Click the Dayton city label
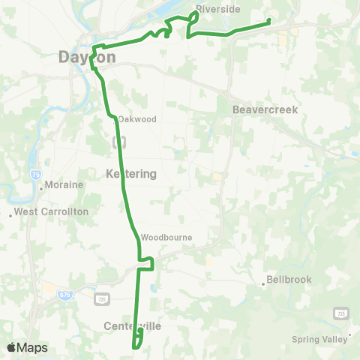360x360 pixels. (x=88, y=56)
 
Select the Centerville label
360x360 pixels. (x=133, y=326)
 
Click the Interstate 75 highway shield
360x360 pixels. (x=36, y=174)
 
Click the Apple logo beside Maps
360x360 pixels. (x=11, y=347)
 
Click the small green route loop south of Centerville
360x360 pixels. (x=137, y=340)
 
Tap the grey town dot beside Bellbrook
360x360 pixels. (x=263, y=283)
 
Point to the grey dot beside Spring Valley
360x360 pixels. (x=349, y=334)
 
